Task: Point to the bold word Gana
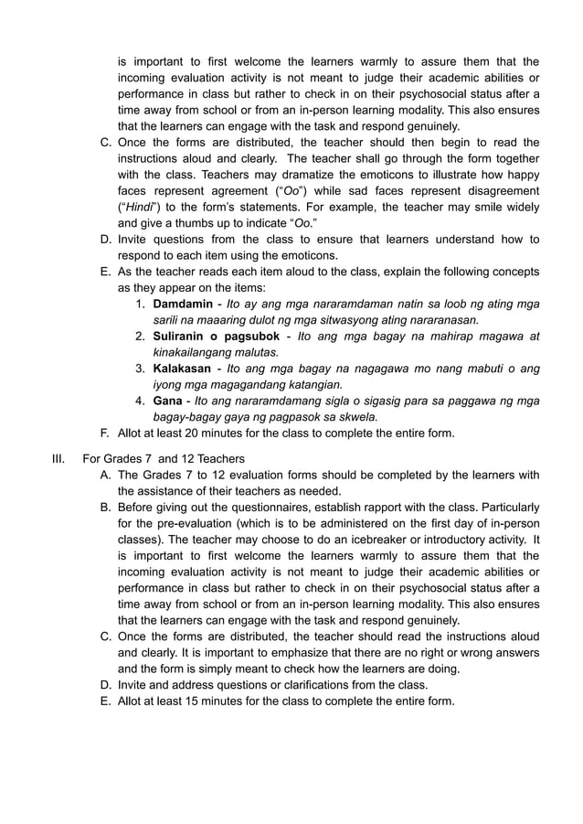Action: click(168, 401)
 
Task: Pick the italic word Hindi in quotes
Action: click(135, 207)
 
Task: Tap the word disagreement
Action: click(498, 190)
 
